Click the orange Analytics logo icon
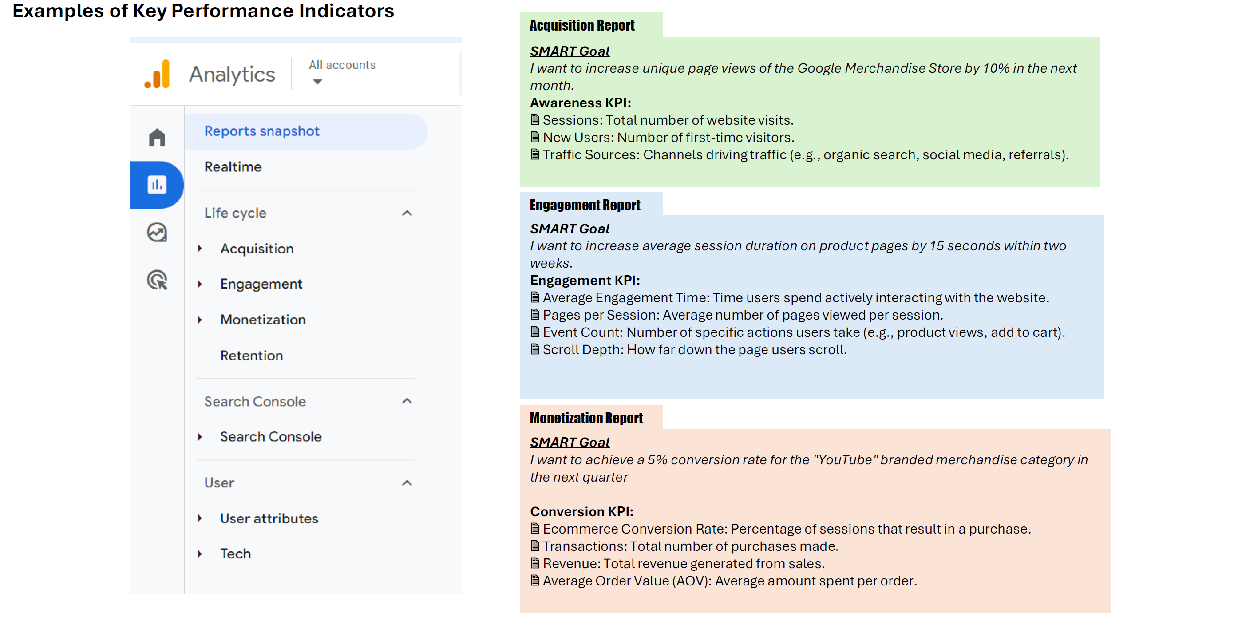[x=157, y=74]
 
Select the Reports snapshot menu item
[x=261, y=131]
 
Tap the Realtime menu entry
[x=233, y=167]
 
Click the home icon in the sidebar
[x=157, y=138]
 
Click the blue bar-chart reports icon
[x=157, y=185]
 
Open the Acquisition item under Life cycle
[x=257, y=249]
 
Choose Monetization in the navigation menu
[x=262, y=320]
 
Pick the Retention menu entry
[x=252, y=356]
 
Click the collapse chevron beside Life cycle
[x=407, y=213]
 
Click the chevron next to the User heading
[x=407, y=483]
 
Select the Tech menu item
[x=235, y=554]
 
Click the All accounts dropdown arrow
[x=317, y=82]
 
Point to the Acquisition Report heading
[x=582, y=25]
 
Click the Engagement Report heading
[x=585, y=205]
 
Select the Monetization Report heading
[x=586, y=418]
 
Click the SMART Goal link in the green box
[x=570, y=51]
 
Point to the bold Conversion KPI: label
[x=581, y=512]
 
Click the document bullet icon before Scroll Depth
[x=535, y=349]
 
